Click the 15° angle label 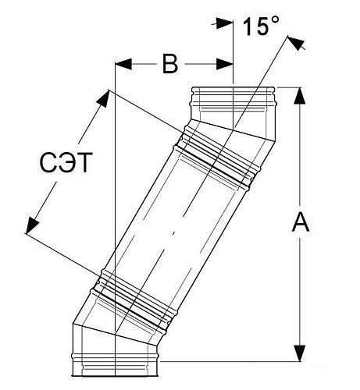[x=261, y=26]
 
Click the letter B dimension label [x=170, y=64]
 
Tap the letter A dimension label [x=301, y=222]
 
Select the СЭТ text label [x=66, y=163]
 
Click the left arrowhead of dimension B [x=123, y=64]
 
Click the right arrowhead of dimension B [x=224, y=64]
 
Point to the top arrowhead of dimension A [x=300, y=96]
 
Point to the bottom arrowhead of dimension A [x=300, y=353]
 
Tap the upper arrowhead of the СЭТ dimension [x=103, y=98]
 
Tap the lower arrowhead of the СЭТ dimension [x=32, y=225]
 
